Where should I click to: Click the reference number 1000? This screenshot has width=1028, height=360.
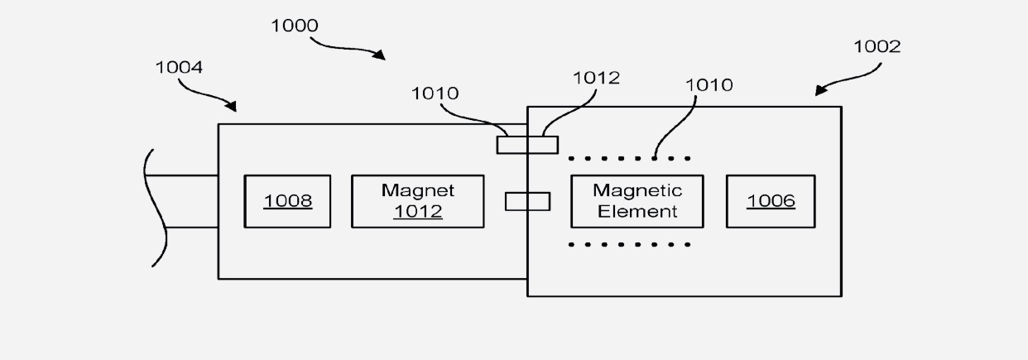click(x=295, y=26)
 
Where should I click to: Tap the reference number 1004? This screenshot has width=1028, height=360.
click(x=179, y=67)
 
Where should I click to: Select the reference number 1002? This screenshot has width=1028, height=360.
click(x=877, y=46)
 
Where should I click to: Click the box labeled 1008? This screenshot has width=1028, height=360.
click(x=287, y=201)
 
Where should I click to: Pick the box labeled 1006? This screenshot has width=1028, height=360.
click(x=771, y=201)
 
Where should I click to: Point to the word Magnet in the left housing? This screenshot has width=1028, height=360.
click(x=417, y=190)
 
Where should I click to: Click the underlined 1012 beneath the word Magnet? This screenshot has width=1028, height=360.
click(x=417, y=212)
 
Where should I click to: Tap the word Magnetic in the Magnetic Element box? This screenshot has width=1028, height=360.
click(x=637, y=191)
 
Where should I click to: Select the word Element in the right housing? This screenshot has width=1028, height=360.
click(x=637, y=212)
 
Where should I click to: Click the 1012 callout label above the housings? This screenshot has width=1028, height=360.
click(x=596, y=78)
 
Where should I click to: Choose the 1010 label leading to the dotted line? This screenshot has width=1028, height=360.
click(x=709, y=84)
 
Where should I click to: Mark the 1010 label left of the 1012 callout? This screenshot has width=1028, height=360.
click(x=435, y=94)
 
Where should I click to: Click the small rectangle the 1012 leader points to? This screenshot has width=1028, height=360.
click(x=527, y=145)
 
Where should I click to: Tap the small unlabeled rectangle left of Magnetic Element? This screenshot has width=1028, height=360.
click(x=527, y=201)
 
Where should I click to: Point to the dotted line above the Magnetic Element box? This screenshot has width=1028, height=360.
click(x=630, y=157)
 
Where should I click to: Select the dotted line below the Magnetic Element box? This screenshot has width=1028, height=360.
click(x=630, y=245)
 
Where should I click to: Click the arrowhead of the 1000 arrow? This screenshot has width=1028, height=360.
click(x=381, y=56)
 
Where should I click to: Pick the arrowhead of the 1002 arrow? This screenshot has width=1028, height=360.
click(x=819, y=92)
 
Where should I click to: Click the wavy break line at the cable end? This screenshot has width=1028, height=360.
click(x=154, y=207)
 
